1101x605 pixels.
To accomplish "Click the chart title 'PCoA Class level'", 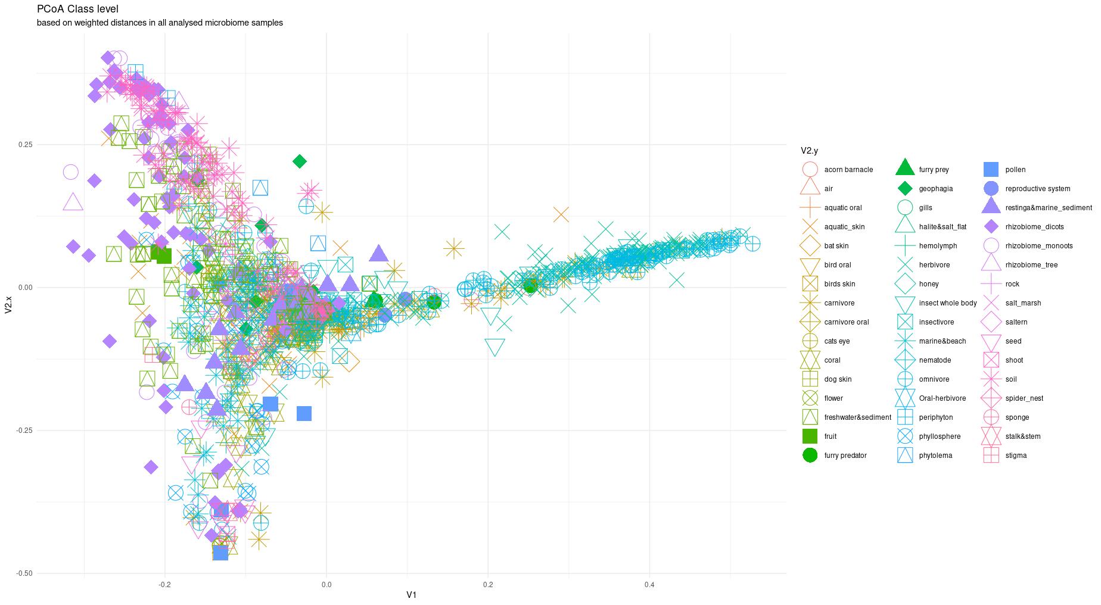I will tap(77, 9).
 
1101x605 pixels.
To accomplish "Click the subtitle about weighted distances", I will tap(160, 23).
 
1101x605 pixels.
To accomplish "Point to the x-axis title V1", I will tap(411, 594).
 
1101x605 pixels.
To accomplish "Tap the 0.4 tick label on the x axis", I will tap(649, 585).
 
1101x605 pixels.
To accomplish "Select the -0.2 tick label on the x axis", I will tap(164, 585).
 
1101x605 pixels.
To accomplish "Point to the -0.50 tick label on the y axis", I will tap(24, 573).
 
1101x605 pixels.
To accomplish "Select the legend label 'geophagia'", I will tap(935, 189).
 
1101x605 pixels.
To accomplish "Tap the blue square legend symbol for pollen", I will tap(991, 170).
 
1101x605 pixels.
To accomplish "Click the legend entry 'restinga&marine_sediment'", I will tap(1049, 208).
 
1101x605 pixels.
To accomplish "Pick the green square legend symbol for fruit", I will tap(810, 436).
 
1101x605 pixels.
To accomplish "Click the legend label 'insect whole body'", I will tap(947, 303).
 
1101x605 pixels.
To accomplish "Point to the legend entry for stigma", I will tap(1016, 456).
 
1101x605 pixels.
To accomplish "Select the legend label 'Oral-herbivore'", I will tap(942, 398).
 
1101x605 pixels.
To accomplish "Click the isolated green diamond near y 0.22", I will tap(300, 161).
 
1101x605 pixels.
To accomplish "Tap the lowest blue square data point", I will tap(220, 553).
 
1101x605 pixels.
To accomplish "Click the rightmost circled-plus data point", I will tap(752, 244).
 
